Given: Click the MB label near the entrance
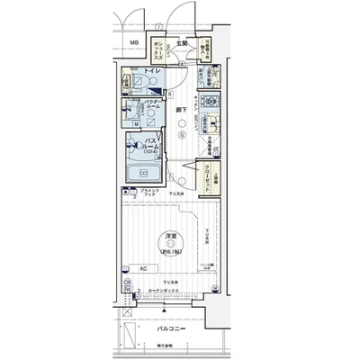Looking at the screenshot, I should tap(132, 42).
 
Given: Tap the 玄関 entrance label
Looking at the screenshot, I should tap(180, 42).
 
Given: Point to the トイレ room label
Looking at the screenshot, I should tap(152, 71).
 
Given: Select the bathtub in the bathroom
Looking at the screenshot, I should tap(142, 173).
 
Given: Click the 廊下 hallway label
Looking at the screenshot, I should tap(181, 111).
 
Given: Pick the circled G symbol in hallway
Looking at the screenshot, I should tap(181, 135).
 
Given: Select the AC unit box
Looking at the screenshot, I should tap(143, 267).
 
